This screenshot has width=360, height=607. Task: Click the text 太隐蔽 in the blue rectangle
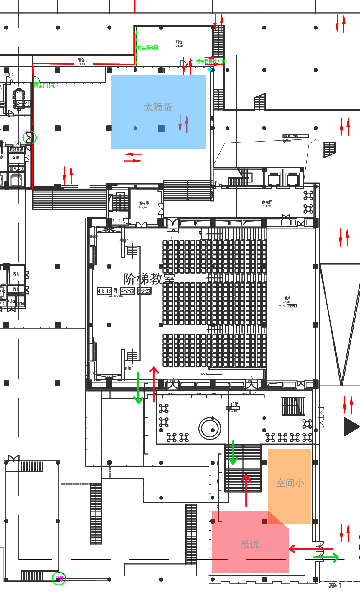tap(158, 107)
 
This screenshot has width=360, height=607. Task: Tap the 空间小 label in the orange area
tap(290, 483)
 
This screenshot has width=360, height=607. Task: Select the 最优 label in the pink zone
tap(249, 544)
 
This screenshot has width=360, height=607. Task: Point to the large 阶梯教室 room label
tap(149, 279)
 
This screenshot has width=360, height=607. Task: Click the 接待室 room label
tap(144, 203)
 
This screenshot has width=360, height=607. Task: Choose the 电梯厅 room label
tap(267, 202)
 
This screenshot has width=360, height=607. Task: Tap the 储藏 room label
tap(287, 297)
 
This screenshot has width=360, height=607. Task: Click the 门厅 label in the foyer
tap(235, 404)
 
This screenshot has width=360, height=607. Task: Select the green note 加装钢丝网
tap(148, 48)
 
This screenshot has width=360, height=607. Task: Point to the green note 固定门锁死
tap(45, 86)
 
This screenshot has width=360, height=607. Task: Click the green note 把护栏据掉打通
tap(210, 62)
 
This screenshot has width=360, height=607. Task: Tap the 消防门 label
tap(335, 585)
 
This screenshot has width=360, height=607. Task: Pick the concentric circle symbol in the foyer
tap(210, 428)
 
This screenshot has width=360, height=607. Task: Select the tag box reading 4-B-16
tap(104, 291)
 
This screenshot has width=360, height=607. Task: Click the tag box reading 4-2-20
tap(127, 291)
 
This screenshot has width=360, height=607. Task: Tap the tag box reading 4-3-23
tap(144, 291)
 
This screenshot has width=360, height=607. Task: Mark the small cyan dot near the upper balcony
tap(210, 70)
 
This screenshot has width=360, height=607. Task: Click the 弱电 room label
tap(16, 274)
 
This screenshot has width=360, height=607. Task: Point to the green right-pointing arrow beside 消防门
tap(326, 557)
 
